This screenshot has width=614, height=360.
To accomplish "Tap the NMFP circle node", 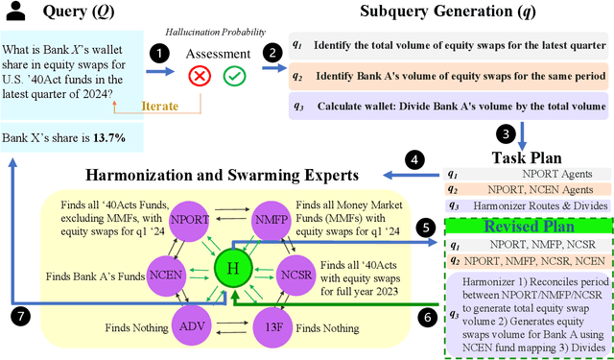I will (x=271, y=218).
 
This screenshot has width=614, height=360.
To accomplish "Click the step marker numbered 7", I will (x=18, y=315).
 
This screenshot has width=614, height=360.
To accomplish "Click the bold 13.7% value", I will (x=110, y=137).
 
